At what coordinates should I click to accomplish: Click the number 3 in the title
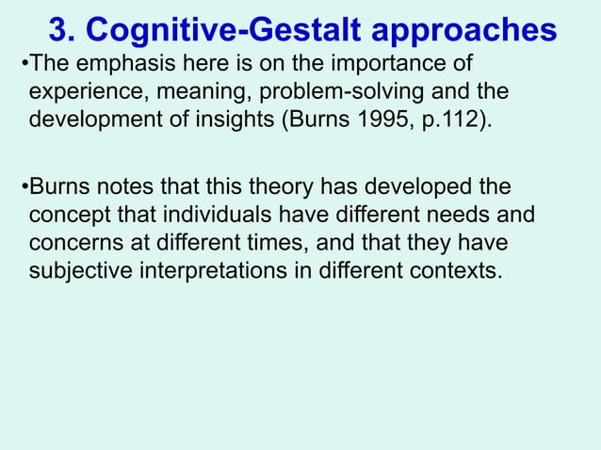pyautogui.click(x=58, y=30)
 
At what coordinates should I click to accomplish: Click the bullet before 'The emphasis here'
pyautogui.click(x=24, y=67)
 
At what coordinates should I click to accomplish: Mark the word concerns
pyautogui.click(x=75, y=244)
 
